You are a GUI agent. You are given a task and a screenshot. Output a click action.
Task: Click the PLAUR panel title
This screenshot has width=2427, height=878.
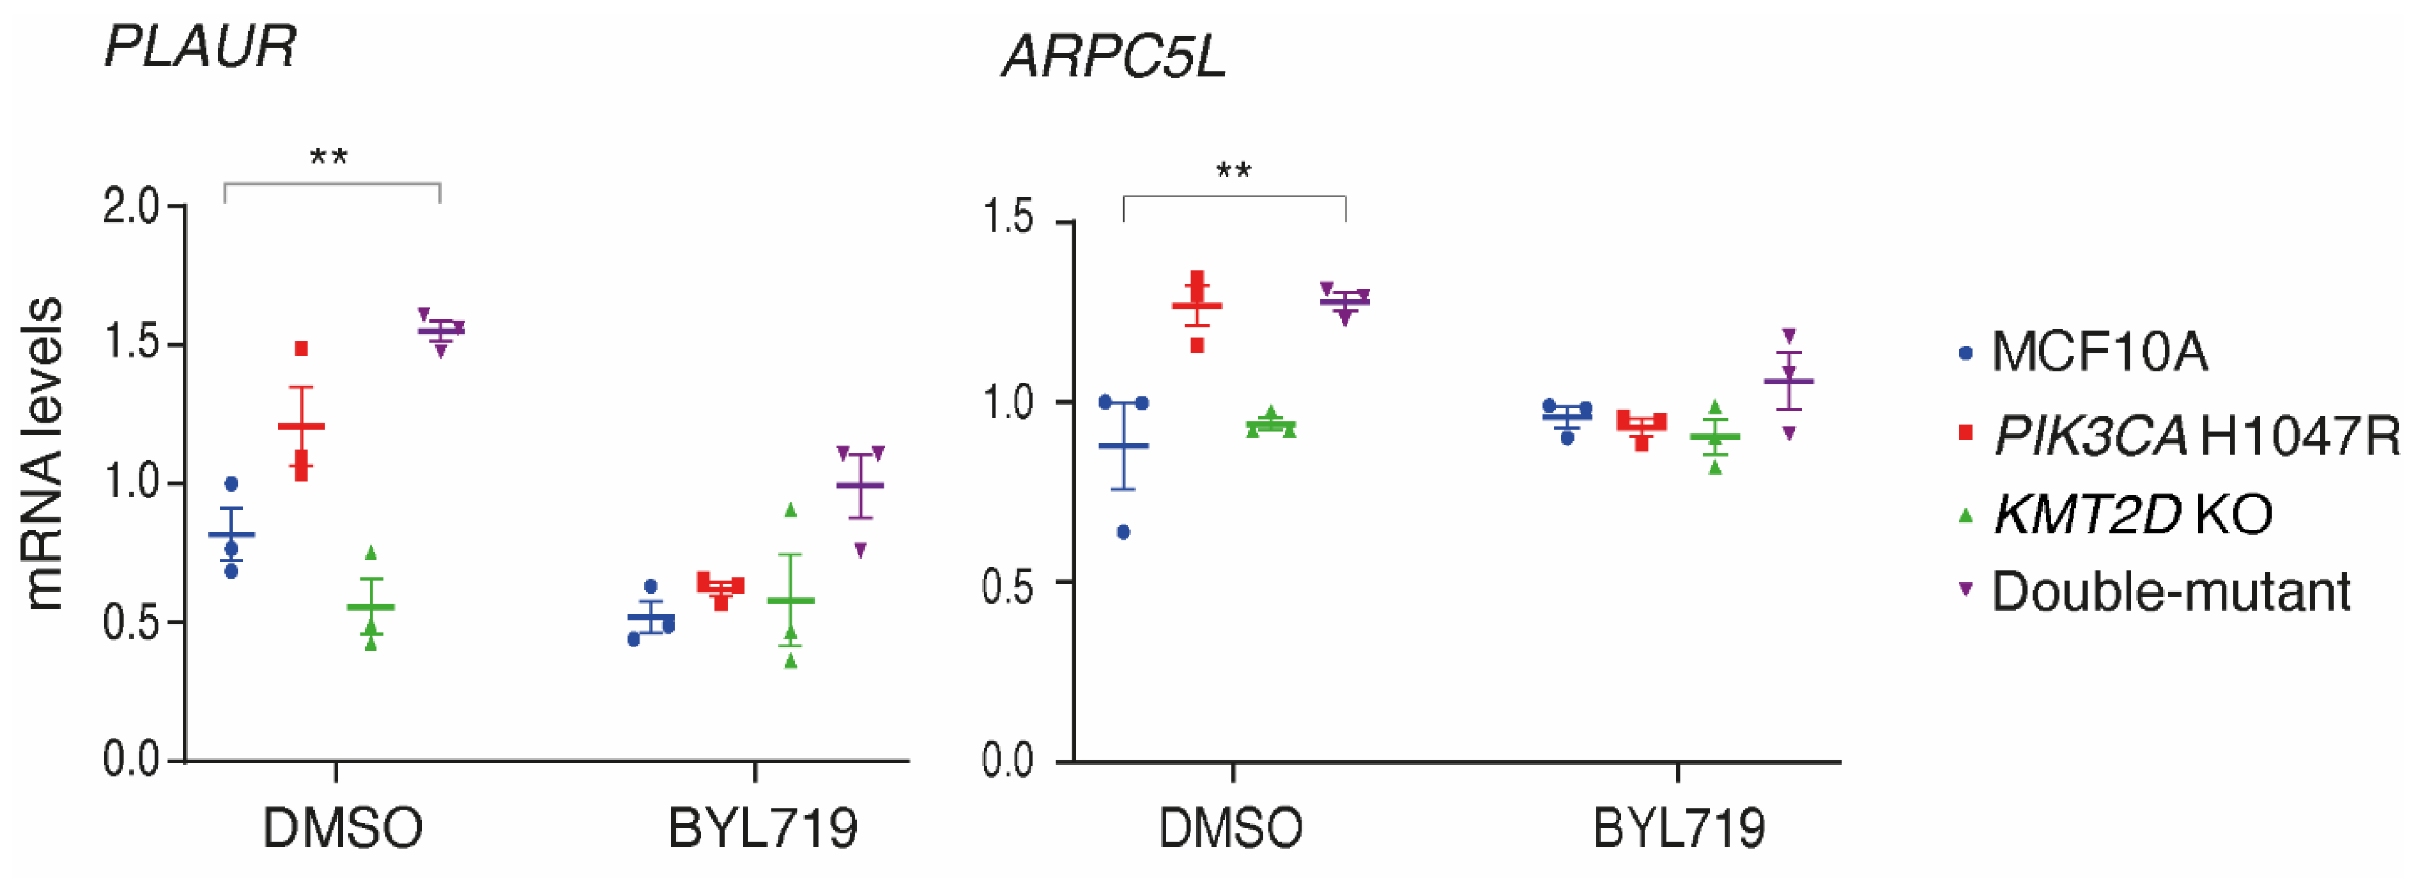point(200,45)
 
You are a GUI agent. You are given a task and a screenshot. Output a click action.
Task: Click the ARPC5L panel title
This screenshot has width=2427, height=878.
point(1114,56)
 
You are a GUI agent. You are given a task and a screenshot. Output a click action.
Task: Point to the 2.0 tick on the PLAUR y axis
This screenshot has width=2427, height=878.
point(132,206)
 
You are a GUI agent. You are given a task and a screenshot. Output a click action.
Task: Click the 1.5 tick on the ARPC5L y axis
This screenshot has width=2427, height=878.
point(1008,218)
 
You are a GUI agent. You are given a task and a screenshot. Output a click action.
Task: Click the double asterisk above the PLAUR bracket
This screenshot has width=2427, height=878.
point(329,156)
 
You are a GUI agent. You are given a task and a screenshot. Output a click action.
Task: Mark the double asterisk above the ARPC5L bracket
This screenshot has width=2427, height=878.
point(1233,170)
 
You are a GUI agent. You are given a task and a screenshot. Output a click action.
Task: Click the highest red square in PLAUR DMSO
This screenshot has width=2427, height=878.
point(302,348)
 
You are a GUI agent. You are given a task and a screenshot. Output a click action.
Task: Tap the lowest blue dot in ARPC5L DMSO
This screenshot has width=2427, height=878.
point(1123,532)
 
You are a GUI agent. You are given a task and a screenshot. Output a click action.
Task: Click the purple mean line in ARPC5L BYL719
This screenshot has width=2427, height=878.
point(1788,381)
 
